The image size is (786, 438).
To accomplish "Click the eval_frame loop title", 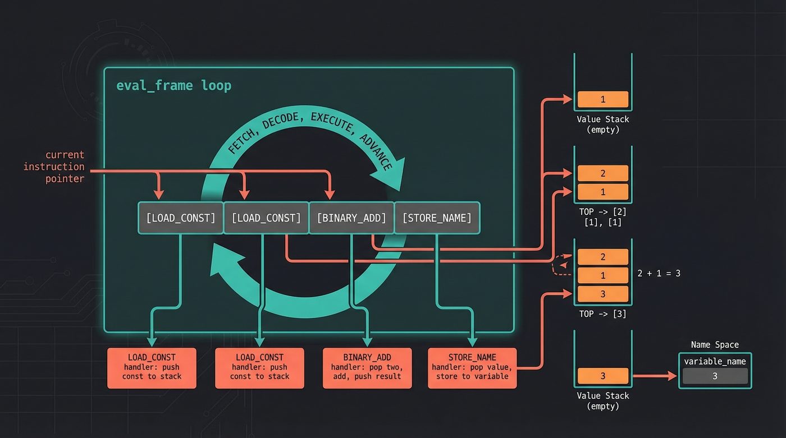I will [x=173, y=86].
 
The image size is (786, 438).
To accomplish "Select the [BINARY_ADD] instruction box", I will [x=351, y=218].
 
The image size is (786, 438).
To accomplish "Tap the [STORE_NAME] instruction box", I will [x=437, y=218].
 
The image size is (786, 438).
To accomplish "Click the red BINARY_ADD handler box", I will [x=367, y=368].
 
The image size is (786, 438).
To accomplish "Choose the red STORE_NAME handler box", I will [x=472, y=368].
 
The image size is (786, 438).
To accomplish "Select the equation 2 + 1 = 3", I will [x=659, y=274].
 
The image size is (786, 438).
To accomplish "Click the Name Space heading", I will [x=715, y=345].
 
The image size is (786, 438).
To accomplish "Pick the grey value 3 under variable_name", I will [x=715, y=376].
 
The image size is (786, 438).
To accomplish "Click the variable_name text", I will [x=715, y=361].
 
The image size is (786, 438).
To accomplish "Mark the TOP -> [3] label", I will [x=602, y=314].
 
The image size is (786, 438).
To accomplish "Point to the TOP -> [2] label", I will [x=602, y=213].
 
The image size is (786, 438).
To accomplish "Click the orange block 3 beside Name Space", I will [x=602, y=376].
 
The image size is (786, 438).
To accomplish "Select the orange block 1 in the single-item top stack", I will [x=602, y=99].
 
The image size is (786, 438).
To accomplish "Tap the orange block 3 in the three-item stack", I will [x=602, y=294].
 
